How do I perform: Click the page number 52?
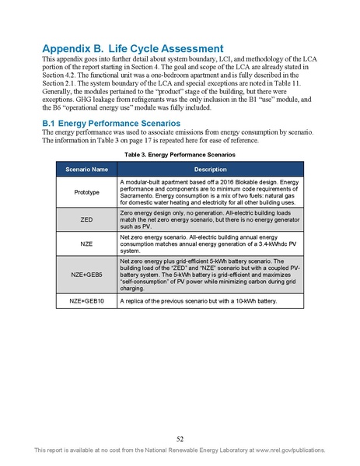tap(180, 438)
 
